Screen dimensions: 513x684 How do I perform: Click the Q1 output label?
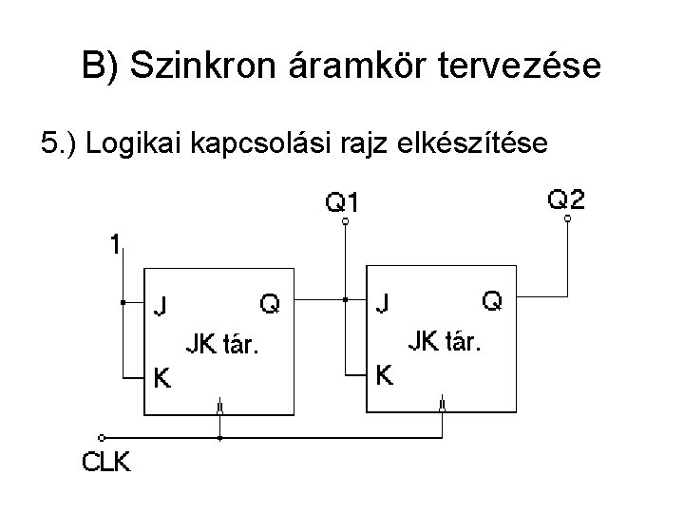(344, 202)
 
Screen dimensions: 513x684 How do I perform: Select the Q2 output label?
(567, 199)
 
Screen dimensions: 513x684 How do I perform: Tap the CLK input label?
(105, 464)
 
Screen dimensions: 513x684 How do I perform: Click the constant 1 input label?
(114, 245)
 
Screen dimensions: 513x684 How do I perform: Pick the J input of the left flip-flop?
(162, 307)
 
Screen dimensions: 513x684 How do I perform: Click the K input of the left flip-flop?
(163, 378)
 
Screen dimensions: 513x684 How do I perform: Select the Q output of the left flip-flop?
(270, 303)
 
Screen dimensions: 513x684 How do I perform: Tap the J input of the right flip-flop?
(382, 304)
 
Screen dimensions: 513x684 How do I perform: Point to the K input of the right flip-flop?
(385, 376)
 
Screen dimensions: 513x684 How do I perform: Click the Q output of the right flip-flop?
(492, 301)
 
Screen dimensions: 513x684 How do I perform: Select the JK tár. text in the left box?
(222, 343)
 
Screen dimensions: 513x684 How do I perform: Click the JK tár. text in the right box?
(445, 340)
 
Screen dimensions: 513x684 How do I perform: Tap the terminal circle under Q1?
(345, 222)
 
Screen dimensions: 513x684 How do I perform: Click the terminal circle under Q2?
(567, 219)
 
